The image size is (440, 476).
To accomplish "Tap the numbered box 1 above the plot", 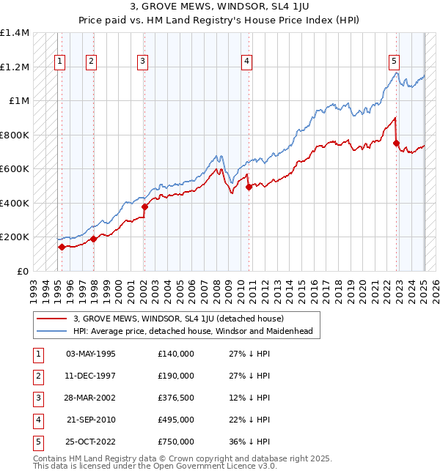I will tap(59, 62).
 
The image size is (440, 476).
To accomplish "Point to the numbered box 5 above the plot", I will tap(395, 62).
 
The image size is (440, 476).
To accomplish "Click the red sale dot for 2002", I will tap(144, 207).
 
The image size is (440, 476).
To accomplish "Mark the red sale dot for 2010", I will tap(249, 187).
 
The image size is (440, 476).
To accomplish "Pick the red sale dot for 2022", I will tap(397, 144).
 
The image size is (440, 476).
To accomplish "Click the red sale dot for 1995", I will tap(62, 248).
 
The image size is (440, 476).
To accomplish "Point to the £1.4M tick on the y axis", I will tap(15, 34).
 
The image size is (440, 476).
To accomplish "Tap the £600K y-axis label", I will tap(15, 169).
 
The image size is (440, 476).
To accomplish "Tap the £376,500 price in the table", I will tap(175, 398).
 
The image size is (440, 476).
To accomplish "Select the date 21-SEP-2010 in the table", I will tap(90, 420).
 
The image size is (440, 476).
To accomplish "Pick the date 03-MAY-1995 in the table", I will tap(90, 354).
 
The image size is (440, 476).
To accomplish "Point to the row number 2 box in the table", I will tap(37, 376).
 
